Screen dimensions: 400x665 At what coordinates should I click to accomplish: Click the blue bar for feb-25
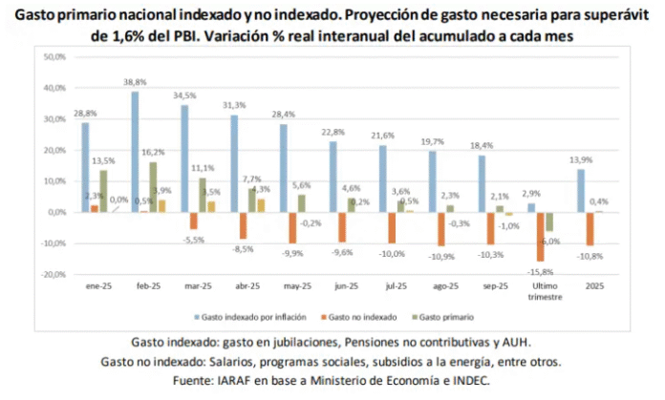pos(135,152)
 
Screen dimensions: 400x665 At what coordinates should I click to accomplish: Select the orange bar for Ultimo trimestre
pos(541,236)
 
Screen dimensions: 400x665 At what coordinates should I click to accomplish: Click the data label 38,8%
pos(135,82)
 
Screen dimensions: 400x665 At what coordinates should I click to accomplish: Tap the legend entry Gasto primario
pos(445,316)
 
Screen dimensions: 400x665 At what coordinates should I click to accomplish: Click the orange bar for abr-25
pos(244,225)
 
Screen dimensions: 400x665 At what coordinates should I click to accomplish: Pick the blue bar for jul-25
pos(382,179)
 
